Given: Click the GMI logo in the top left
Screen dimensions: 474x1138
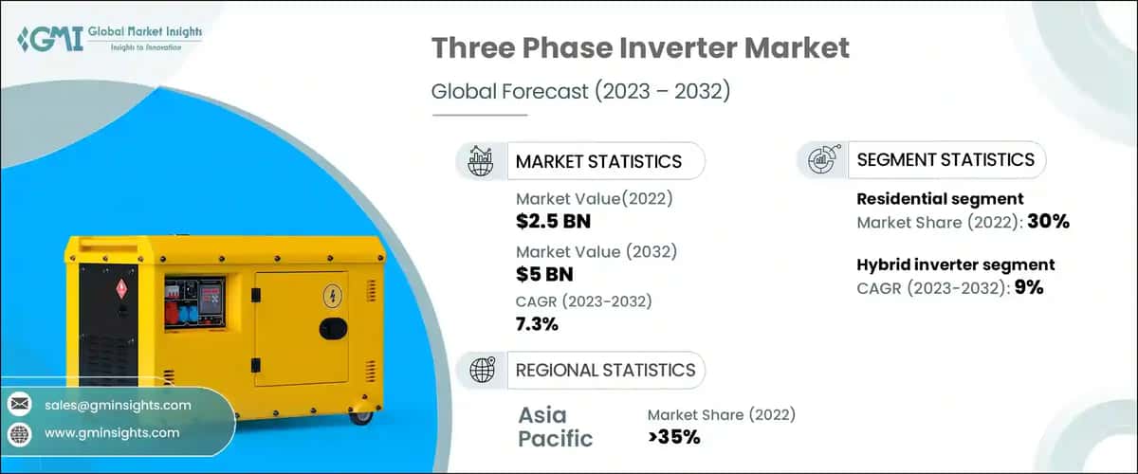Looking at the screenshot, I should pyautogui.click(x=109, y=39).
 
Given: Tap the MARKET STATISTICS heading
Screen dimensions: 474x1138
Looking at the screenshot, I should pyautogui.click(x=597, y=161).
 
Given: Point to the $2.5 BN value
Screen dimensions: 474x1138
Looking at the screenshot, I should pyautogui.click(x=553, y=223).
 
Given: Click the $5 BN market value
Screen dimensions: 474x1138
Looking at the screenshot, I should pyautogui.click(x=544, y=275).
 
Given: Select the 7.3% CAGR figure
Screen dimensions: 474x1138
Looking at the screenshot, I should pyautogui.click(x=537, y=324).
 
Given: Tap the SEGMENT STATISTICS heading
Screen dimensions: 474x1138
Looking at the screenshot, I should pyautogui.click(x=945, y=160).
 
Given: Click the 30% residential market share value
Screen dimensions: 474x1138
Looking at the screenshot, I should pyautogui.click(x=1049, y=223).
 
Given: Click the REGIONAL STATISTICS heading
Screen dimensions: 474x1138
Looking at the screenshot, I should pyautogui.click(x=605, y=370).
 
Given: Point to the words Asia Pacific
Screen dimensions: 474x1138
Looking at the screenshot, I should pyautogui.click(x=555, y=427).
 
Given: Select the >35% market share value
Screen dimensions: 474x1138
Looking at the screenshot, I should pyautogui.click(x=673, y=437).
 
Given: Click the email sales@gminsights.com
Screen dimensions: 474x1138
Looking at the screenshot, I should pyautogui.click(x=118, y=405).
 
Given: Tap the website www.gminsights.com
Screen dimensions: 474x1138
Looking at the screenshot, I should pyautogui.click(x=111, y=432).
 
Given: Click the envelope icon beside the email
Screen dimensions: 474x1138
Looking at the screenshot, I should pyautogui.click(x=19, y=405).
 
